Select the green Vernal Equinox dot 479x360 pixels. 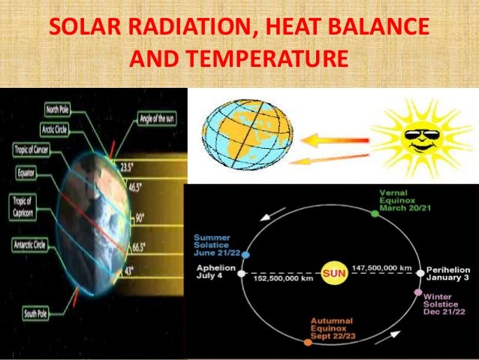pos(375,213)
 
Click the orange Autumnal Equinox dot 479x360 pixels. pos(307,342)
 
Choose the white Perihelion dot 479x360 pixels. pos(420,273)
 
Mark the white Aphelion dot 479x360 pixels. pos(241,274)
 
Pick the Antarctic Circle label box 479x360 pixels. pos(32,245)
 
